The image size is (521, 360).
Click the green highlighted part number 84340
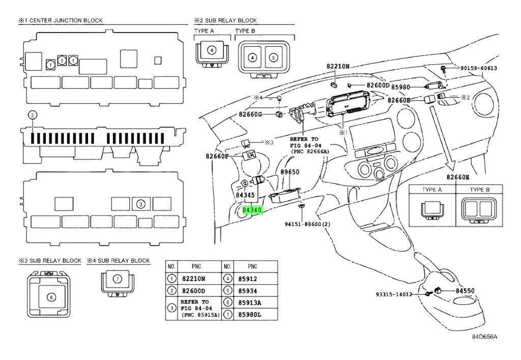(252, 210)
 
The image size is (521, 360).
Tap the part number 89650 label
(290, 172)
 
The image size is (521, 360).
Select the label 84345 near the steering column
(245, 195)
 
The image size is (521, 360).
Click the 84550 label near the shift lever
(465, 291)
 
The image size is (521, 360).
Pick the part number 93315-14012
(394, 294)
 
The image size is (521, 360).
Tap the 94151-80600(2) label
(307, 224)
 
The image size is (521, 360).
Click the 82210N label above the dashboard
(338, 66)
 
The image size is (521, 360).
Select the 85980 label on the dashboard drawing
(401, 87)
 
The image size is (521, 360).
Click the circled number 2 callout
(32, 116)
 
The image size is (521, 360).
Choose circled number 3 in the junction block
(141, 204)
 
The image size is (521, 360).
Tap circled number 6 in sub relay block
(51, 297)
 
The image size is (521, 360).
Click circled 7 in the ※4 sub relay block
(117, 279)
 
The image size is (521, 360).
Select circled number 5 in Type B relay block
(273, 58)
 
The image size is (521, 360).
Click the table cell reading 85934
(248, 291)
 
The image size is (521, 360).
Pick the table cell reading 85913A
(249, 303)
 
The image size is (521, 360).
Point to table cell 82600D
(193, 291)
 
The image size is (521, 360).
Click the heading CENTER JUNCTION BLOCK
(66, 20)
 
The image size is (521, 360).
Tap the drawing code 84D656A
(485, 337)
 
